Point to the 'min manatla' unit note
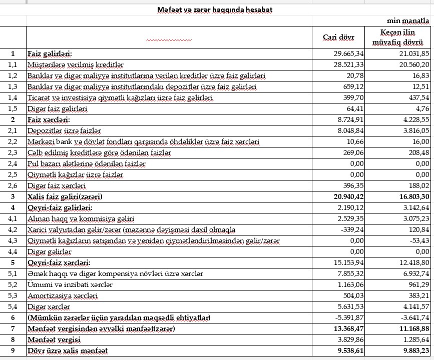[408, 21]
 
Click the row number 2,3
[13, 152]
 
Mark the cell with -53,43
[419, 241]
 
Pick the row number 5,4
[13, 307]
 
